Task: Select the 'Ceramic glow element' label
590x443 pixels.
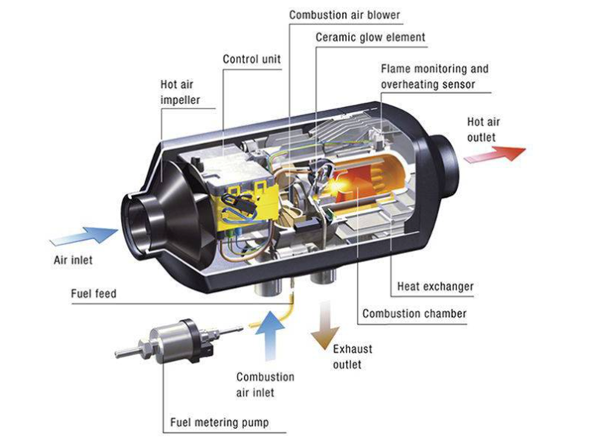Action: pos(370,37)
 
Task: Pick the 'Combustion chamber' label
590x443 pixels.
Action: pos(414,314)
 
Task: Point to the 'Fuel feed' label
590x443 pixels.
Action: pos(94,293)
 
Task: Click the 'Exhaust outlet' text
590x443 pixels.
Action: pos(353,357)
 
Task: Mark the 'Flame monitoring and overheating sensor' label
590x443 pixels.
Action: pos(434,76)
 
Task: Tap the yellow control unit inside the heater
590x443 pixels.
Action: pos(240,199)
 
